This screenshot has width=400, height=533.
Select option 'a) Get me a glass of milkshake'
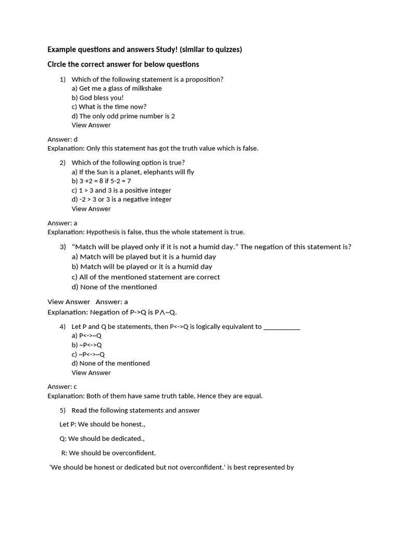pyautogui.click(x=117, y=88)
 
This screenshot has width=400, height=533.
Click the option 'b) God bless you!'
pyautogui.click(x=97, y=98)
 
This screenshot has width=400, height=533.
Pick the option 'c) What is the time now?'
pyautogui.click(x=109, y=107)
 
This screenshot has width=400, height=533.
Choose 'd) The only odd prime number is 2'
pyautogui.click(x=123, y=116)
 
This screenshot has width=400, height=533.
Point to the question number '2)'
pyautogui.click(x=63, y=163)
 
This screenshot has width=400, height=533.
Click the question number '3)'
pyautogui.click(x=63, y=247)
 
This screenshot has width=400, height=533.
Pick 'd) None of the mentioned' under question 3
pyautogui.click(x=114, y=287)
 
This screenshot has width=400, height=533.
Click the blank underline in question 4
pyautogui.click(x=282, y=327)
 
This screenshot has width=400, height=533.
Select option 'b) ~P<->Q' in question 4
pyautogui.click(x=86, y=345)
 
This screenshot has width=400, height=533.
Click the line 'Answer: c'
pyautogui.click(x=62, y=387)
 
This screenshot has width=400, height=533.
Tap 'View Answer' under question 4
pyautogui.click(x=91, y=373)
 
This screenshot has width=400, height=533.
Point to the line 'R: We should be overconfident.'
pyautogui.click(x=108, y=453)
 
